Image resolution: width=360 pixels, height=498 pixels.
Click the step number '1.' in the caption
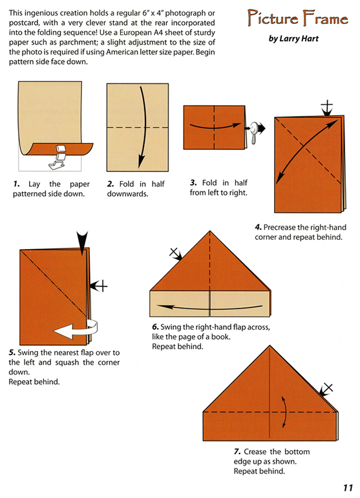pos(17,184)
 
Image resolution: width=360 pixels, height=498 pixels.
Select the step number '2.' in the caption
pos(111,184)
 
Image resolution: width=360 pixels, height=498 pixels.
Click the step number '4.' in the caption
pos(259,227)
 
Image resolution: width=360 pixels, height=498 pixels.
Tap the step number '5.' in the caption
pos(12,353)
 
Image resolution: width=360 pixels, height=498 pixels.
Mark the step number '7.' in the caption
pos(238,451)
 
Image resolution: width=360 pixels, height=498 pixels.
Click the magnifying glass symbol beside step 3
pos(253,131)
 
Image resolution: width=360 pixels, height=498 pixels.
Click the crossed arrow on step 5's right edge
pos(97,283)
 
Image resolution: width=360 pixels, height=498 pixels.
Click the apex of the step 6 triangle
pos(209,231)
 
